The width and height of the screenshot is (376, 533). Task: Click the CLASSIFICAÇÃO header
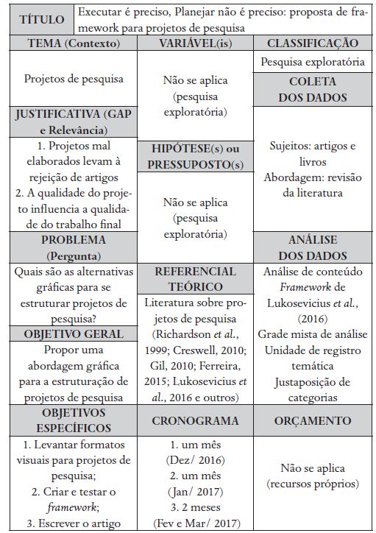[313, 44]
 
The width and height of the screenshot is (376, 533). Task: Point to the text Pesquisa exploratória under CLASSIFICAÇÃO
[313, 62]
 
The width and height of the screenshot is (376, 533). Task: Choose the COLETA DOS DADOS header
[313, 88]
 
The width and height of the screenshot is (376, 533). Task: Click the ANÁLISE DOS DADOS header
[313, 247]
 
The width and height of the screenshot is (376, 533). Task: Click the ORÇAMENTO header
[313, 420]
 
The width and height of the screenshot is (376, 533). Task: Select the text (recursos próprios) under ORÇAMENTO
[313, 484]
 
